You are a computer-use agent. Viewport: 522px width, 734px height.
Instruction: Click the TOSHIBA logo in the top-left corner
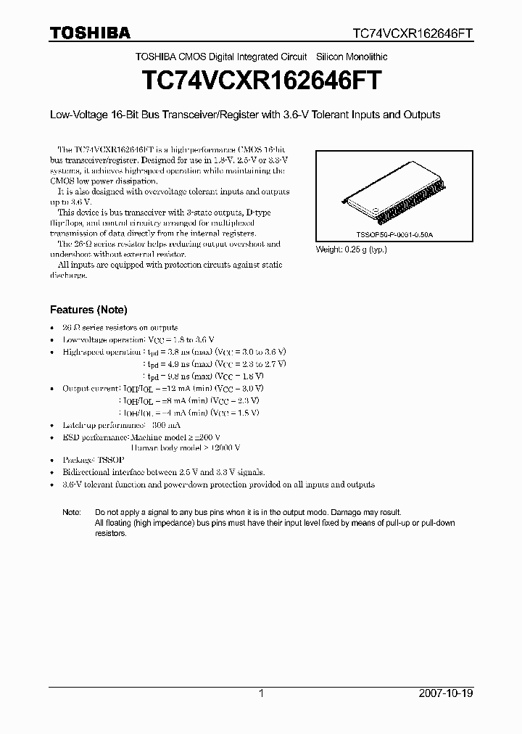point(90,33)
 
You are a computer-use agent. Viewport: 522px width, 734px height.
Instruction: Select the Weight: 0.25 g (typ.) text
point(352,250)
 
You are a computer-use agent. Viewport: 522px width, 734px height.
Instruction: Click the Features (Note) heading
point(88,310)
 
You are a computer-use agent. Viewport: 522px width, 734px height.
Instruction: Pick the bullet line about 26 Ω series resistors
point(120,328)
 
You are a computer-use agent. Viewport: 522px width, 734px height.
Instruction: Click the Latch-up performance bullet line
point(122,425)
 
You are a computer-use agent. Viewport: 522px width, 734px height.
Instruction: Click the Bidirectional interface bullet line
point(164,472)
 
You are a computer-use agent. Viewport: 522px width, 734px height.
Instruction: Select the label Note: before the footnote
point(72,512)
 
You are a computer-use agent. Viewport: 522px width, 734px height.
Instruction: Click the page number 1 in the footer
point(261,693)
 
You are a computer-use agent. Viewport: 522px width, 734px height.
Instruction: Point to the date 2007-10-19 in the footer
point(447,693)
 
